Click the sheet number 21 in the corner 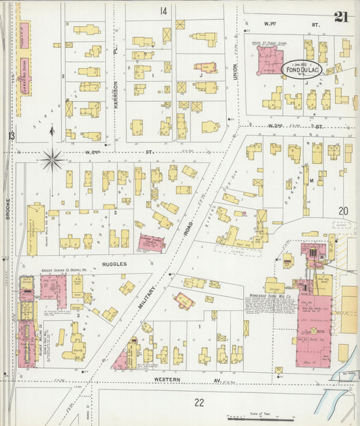coord(341,16)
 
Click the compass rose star coord(53,160)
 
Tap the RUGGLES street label coord(114,264)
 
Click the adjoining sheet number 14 coord(163,11)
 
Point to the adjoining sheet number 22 coord(199,402)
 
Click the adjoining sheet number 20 coord(343,211)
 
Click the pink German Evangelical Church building coord(152,242)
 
